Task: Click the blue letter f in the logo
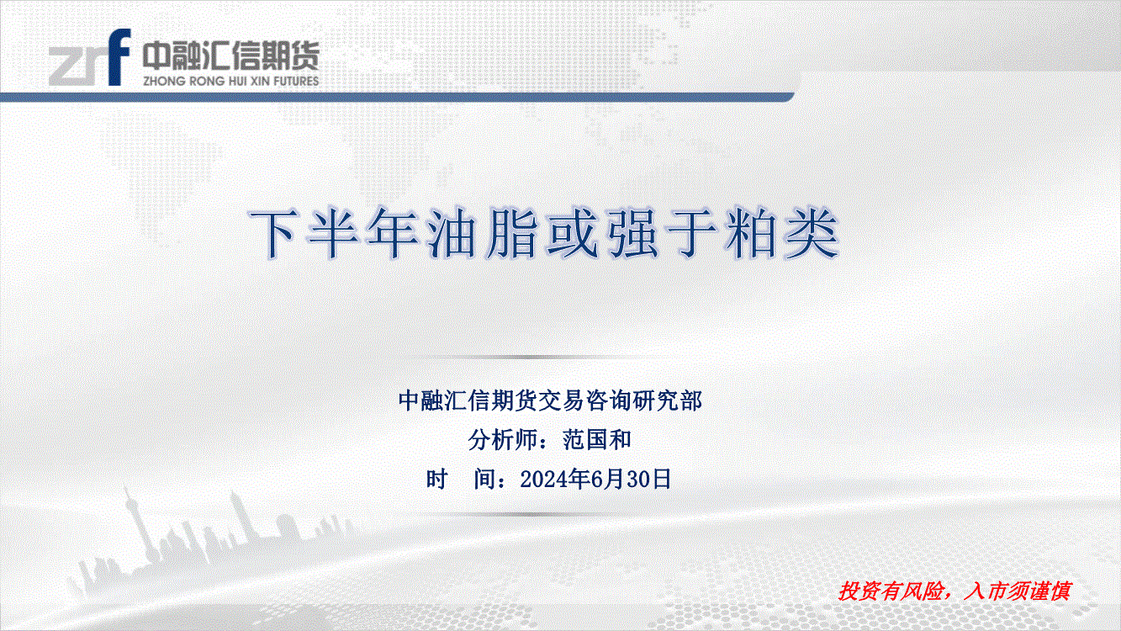point(119,57)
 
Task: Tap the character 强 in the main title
point(632,234)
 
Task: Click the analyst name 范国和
point(596,440)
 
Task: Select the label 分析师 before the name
point(502,440)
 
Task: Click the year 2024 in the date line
point(543,480)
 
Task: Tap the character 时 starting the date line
point(437,480)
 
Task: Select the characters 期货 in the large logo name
point(289,56)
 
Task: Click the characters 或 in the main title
point(572,234)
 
